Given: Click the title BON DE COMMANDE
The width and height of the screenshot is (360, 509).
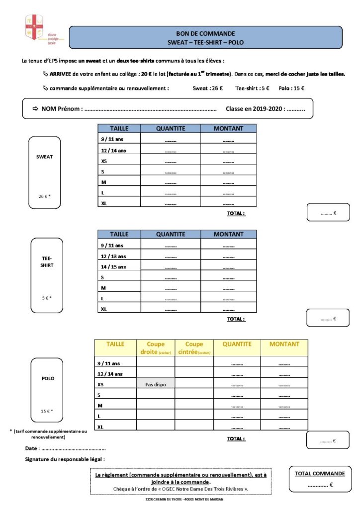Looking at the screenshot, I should click(205, 33).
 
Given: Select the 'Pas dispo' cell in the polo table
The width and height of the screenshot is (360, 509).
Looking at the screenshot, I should click(156, 384).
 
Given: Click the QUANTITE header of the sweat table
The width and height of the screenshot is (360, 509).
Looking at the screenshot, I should click(171, 128).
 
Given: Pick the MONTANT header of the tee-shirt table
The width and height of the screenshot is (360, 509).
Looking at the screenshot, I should click(228, 234).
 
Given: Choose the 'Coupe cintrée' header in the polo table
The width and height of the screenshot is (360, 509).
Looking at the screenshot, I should click(194, 347).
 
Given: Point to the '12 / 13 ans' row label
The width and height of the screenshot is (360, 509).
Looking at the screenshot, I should click(113, 256).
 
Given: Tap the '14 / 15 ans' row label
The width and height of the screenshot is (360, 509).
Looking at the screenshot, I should click(113, 267).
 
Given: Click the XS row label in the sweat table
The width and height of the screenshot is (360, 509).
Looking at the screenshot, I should click(104, 161).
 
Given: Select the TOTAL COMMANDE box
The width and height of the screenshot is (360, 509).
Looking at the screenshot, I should click(320, 479).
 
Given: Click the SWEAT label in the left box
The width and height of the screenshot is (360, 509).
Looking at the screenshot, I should click(45, 157).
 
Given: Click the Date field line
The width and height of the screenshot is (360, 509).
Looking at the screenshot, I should click(71, 449).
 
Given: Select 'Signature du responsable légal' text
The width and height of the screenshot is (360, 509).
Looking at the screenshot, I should click(65, 459).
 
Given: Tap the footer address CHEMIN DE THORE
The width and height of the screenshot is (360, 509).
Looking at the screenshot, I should click(180, 499).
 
